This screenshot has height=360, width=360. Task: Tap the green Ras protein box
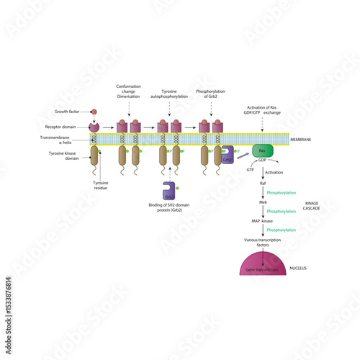click(x=263, y=150)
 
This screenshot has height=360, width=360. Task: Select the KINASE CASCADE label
click(x=312, y=206)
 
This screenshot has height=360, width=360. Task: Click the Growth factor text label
click(x=67, y=112)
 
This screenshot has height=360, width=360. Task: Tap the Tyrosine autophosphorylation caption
click(x=168, y=95)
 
